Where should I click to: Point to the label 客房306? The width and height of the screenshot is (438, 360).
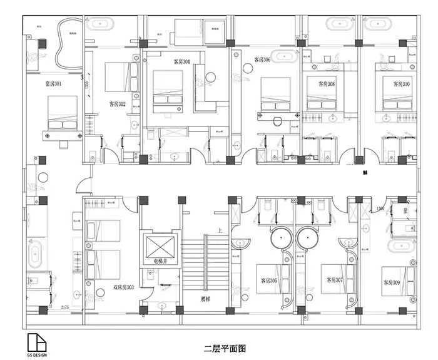(x=262, y=60)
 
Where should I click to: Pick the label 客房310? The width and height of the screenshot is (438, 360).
(x=401, y=83)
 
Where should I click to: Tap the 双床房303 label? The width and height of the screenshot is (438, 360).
(x=124, y=287)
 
